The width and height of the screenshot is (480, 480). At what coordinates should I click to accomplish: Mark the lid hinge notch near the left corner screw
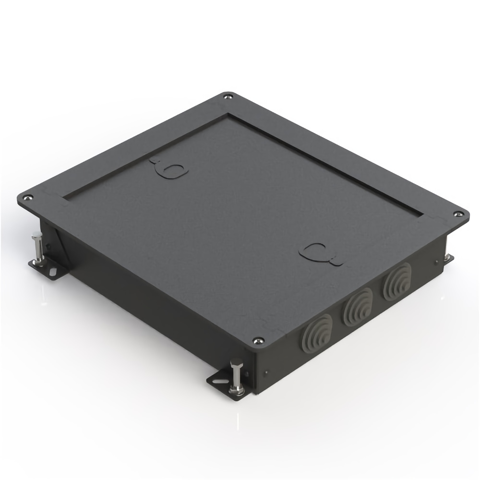(53, 197)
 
